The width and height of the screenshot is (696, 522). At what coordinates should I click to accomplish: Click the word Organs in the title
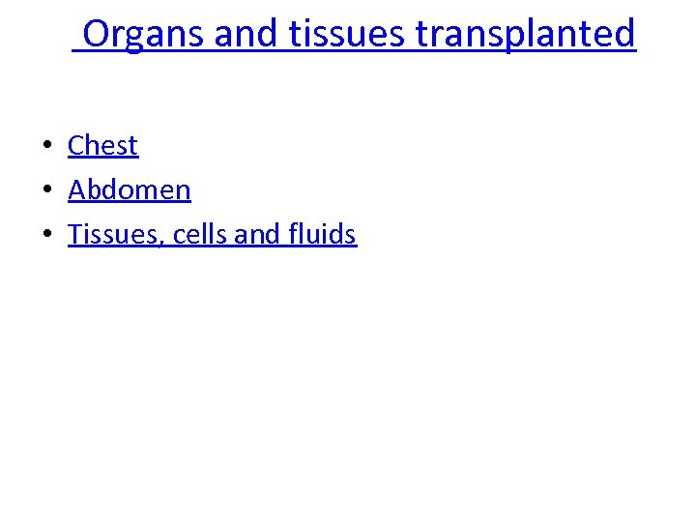[144, 34]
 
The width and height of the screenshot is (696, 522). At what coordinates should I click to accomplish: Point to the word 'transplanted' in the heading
[526, 35]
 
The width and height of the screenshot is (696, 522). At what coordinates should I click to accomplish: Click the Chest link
[102, 146]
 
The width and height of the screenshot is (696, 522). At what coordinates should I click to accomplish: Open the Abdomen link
[130, 189]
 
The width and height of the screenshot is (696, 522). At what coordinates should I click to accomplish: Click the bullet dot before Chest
[45, 147]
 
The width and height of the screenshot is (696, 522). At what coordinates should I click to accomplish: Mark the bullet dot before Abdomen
[45, 190]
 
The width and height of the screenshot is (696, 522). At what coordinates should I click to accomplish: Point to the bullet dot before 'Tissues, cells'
[45, 235]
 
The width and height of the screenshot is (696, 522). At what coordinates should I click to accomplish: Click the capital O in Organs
[97, 34]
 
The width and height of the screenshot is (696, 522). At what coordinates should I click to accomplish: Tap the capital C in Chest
[76, 146]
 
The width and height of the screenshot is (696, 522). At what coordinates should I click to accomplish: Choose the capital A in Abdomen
[77, 189]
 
